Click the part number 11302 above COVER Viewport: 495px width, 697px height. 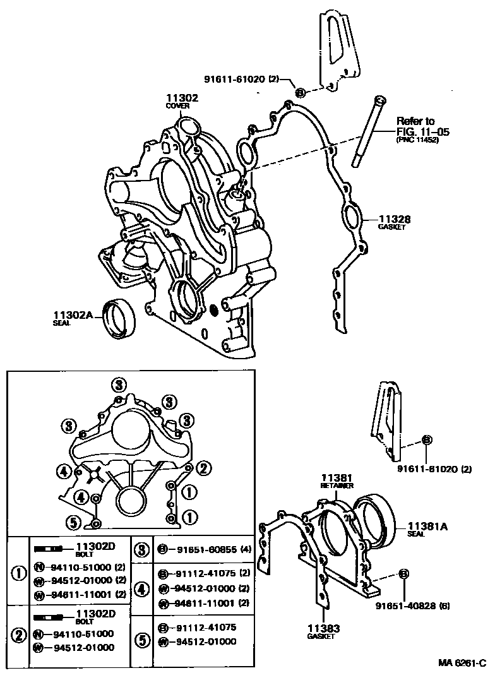(182, 98)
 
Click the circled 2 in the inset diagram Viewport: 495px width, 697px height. (203, 468)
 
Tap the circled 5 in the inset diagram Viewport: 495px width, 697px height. (73, 522)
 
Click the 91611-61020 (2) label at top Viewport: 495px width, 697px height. (241, 79)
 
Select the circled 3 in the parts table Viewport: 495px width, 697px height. (143, 549)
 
